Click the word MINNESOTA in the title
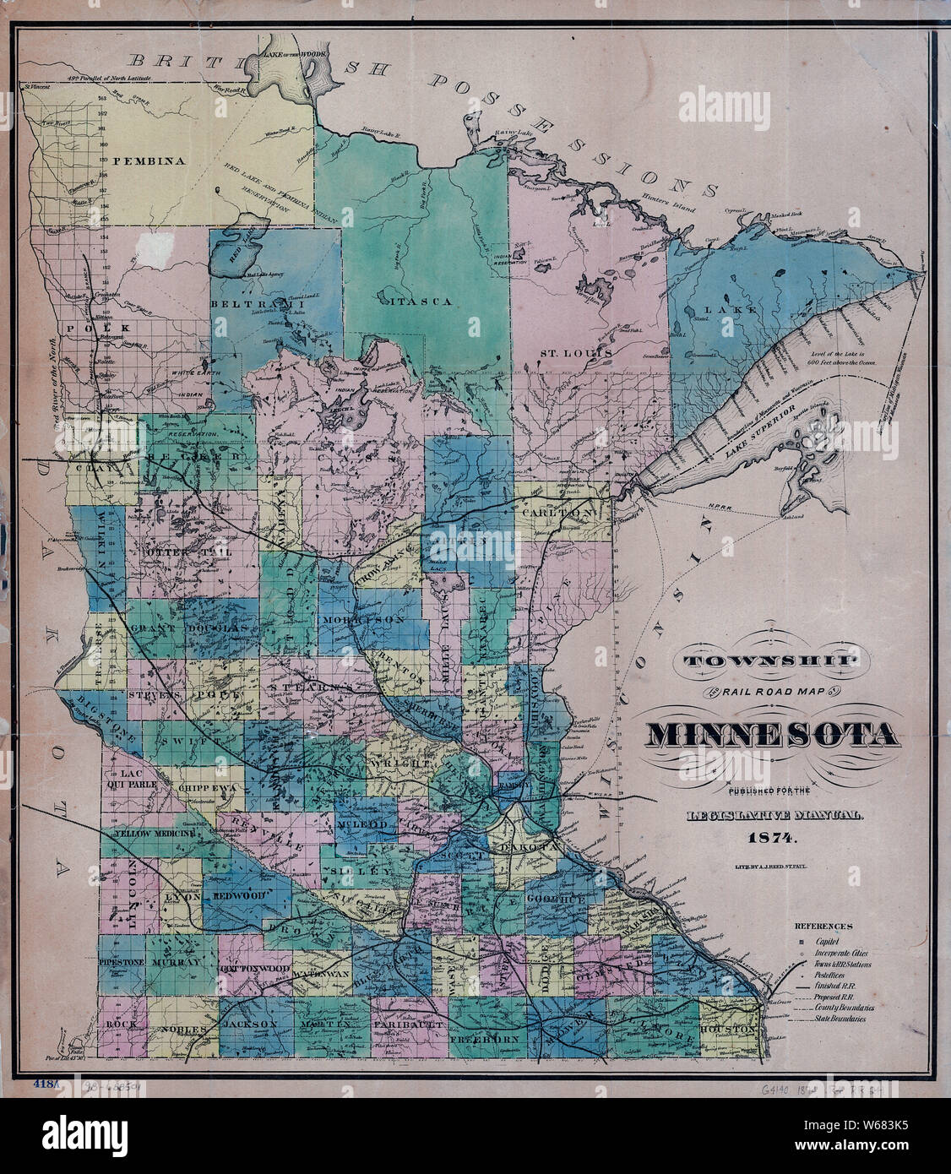click(x=772, y=736)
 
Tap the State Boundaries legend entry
click(x=840, y=1019)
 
